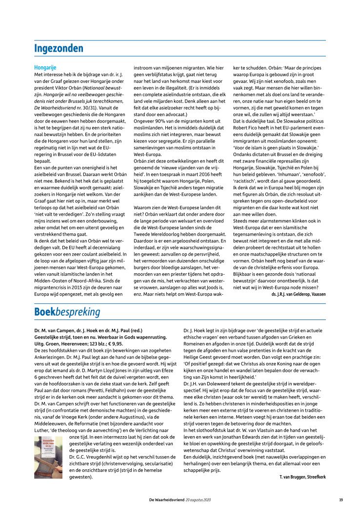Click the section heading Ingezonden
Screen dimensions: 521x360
click(59, 48)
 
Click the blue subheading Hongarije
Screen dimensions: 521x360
click(45, 67)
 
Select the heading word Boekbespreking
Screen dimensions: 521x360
click(67, 311)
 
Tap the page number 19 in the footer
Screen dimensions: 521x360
click(341, 500)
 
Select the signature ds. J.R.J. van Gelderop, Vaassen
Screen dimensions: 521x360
click(299, 295)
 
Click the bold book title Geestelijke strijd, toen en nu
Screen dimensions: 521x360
click(73, 337)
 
